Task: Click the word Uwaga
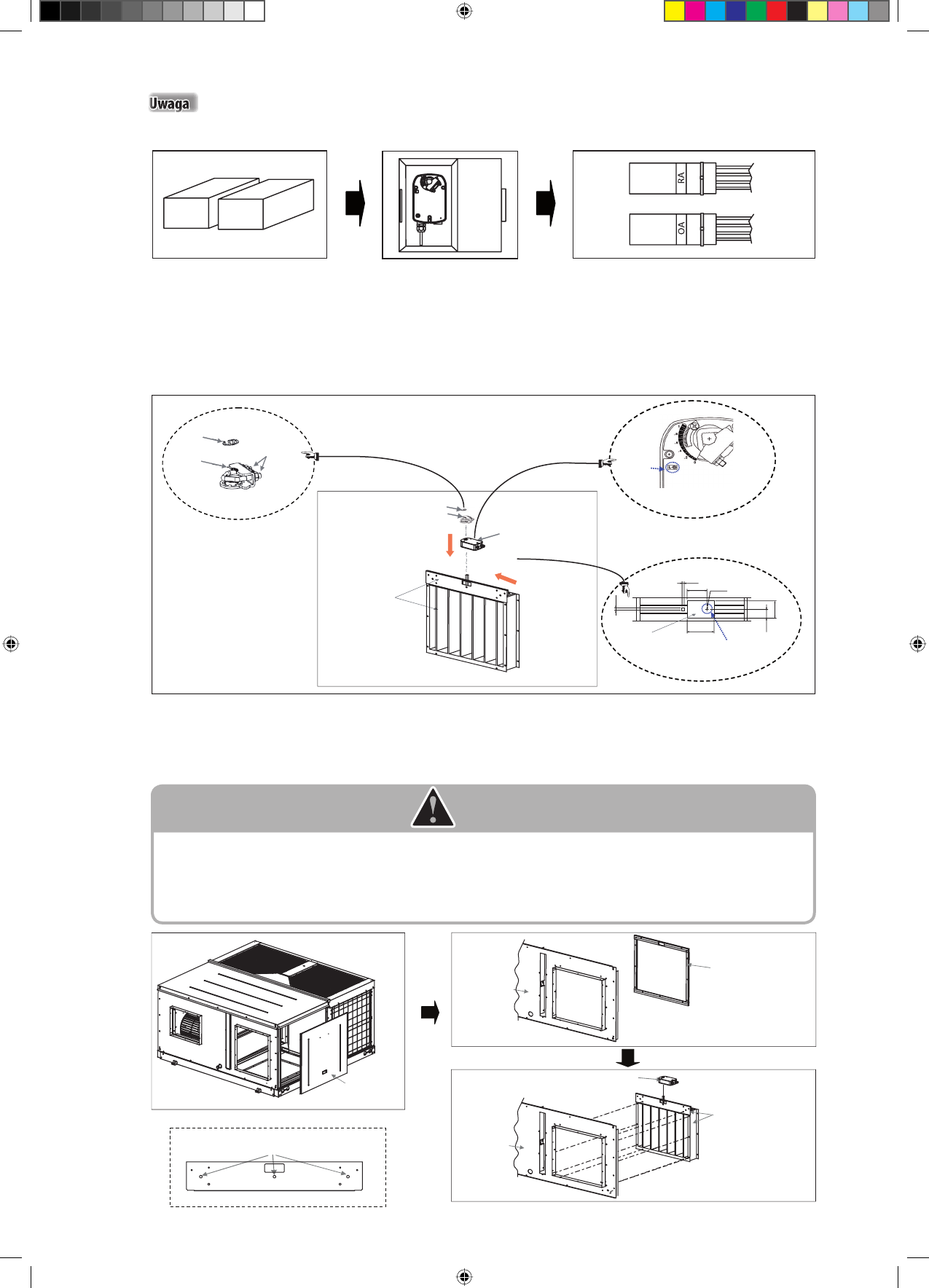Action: click(x=170, y=103)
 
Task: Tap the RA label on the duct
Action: click(x=681, y=177)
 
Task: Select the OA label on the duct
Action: click(x=681, y=229)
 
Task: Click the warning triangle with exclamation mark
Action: click(x=433, y=808)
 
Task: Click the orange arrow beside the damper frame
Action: click(x=506, y=578)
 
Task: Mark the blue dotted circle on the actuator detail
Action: click(x=673, y=467)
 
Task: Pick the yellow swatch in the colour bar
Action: click(x=675, y=11)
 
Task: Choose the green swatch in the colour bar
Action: click(x=756, y=11)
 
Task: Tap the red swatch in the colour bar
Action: click(x=777, y=11)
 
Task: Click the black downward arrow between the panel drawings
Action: click(x=628, y=1058)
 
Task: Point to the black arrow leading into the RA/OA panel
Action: click(x=546, y=203)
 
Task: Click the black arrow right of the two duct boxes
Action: click(x=355, y=203)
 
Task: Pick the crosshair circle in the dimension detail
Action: click(x=707, y=608)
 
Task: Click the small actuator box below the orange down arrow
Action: click(x=473, y=543)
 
